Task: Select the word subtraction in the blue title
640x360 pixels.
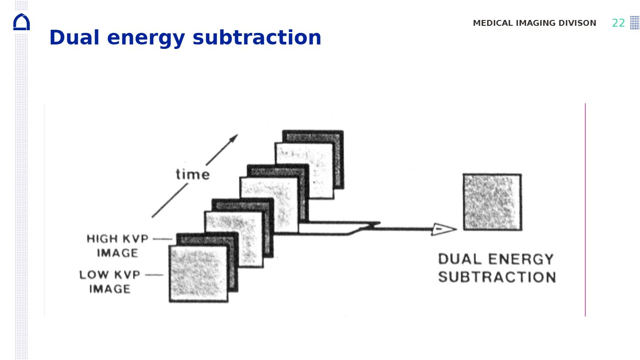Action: pos(256,38)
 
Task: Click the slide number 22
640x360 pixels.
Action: pos(618,23)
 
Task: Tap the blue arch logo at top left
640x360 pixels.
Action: pos(21,22)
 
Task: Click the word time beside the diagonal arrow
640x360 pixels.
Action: pos(192,174)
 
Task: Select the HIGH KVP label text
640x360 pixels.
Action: pos(118,239)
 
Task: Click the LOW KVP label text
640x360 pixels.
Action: pos(110,275)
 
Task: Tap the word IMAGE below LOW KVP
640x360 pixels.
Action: pos(110,289)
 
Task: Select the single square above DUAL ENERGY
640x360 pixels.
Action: pos(492,202)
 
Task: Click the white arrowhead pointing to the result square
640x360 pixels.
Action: pos(444,229)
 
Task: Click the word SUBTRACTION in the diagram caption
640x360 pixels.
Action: pos(497,277)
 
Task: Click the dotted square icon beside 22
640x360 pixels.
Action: pos(634,23)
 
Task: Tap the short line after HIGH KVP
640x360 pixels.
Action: pos(162,239)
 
